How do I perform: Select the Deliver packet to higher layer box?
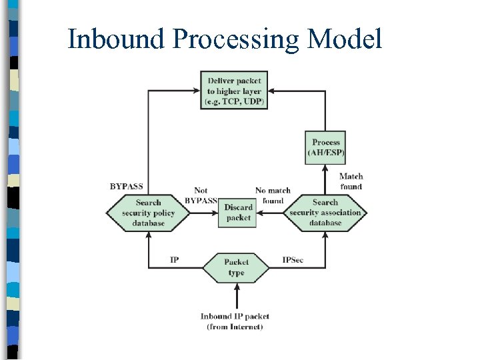[x=234, y=91]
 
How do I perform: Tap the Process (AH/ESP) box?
[x=325, y=147]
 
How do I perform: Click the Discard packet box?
[x=238, y=213]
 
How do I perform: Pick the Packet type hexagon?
[x=236, y=267]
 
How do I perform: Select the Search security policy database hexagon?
[x=148, y=213]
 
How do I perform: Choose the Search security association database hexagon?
[x=325, y=213]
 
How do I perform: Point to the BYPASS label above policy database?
[x=127, y=187]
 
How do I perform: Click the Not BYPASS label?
[x=201, y=195]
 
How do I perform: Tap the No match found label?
[x=273, y=195]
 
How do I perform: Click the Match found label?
[x=351, y=181]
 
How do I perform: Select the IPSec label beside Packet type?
[x=293, y=259]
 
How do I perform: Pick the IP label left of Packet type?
[x=174, y=259]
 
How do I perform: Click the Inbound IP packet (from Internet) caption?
[x=235, y=321]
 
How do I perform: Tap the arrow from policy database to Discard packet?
[x=203, y=213]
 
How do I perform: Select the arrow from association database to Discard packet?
[x=272, y=213]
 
